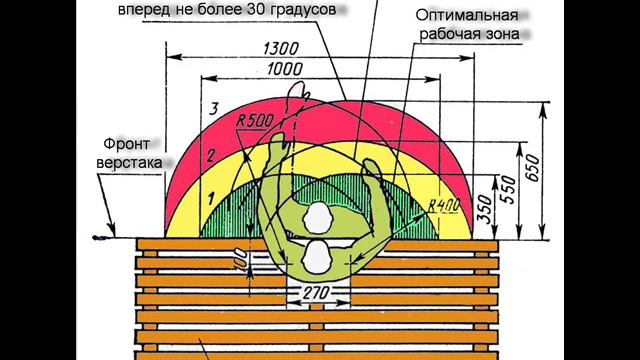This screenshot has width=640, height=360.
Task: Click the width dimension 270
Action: [x=317, y=296]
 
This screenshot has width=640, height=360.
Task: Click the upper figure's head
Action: [x=318, y=217]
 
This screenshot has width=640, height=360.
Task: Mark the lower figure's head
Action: [x=318, y=257]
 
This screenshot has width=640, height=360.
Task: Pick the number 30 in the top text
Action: [x=244, y=10]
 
